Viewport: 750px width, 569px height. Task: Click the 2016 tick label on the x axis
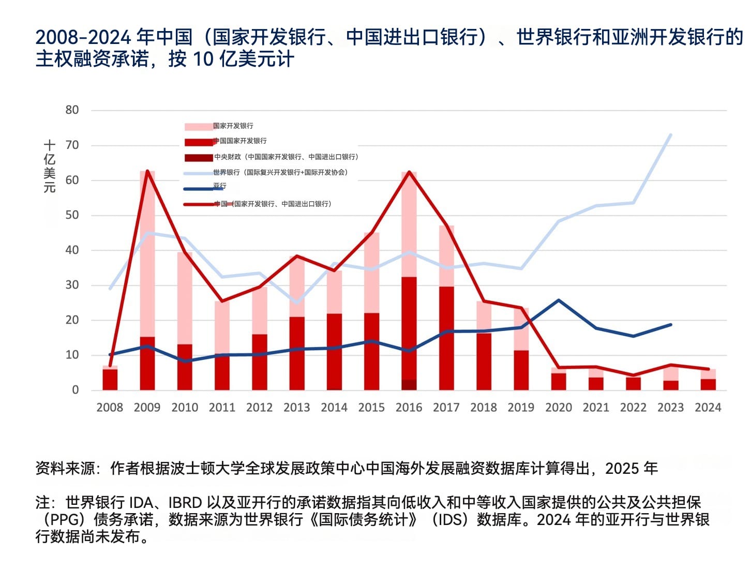coord(409,408)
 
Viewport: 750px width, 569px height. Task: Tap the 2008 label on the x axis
coord(110,408)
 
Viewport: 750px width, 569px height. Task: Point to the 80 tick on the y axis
coord(72,110)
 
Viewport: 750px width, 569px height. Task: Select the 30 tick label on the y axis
coord(72,285)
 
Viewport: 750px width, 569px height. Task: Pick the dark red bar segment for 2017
coord(446,336)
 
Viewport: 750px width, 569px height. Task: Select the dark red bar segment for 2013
coord(297,352)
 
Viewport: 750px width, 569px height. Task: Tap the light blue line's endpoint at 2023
coord(671,135)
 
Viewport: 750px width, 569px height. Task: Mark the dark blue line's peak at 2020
coord(559,300)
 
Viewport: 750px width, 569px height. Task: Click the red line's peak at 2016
coord(409,172)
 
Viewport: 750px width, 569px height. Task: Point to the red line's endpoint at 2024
coord(708,369)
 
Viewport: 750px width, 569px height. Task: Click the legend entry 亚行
coord(219,186)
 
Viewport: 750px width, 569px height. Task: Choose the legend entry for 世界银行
coord(280,172)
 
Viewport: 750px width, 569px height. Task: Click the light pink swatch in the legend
coord(199,127)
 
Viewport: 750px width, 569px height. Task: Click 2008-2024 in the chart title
coord(83,37)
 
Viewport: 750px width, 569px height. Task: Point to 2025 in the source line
coord(622,469)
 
